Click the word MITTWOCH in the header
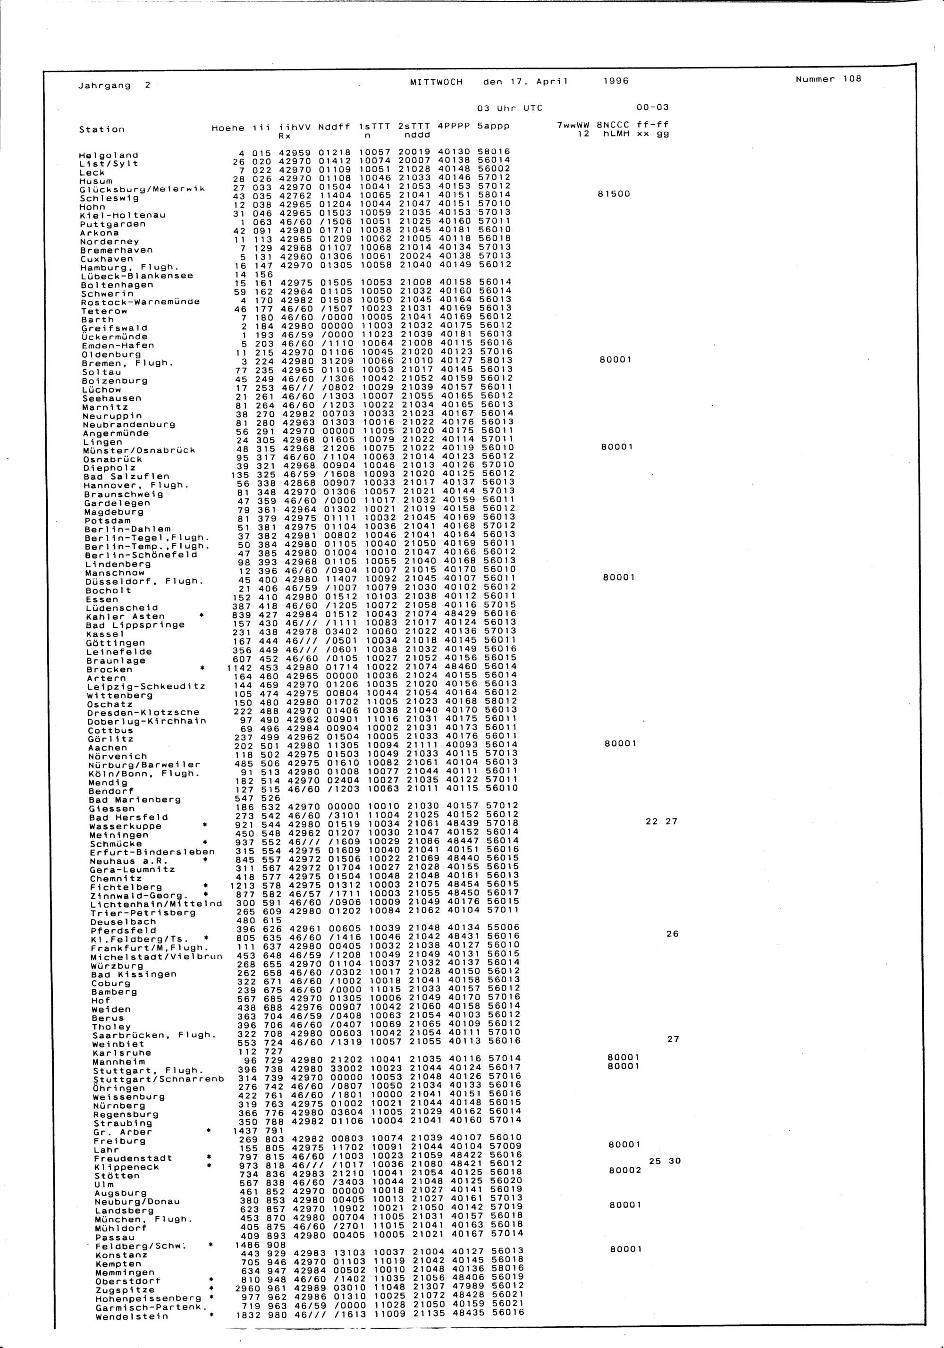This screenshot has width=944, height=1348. [436, 82]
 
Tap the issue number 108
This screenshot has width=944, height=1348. [851, 79]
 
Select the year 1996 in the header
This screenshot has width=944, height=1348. [616, 82]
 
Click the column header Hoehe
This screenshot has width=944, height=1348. [228, 128]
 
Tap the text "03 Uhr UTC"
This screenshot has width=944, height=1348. [510, 108]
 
